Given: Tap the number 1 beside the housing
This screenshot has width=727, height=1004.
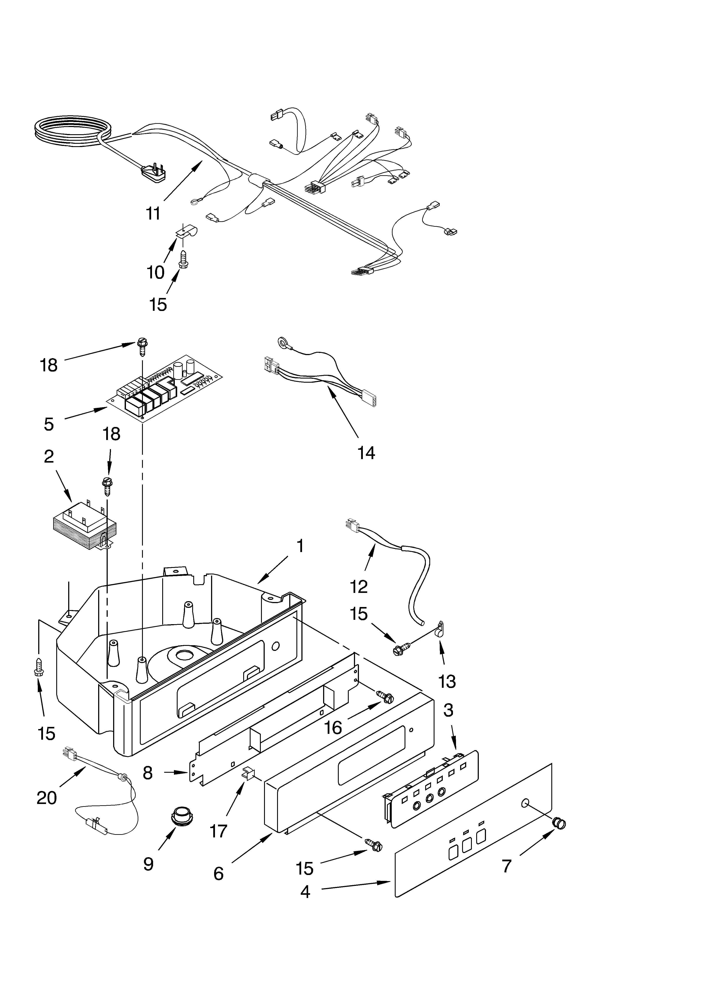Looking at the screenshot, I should [300, 546].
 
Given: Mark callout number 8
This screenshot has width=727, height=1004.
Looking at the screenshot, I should [148, 773].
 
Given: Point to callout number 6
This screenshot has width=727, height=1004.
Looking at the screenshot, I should [218, 873].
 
